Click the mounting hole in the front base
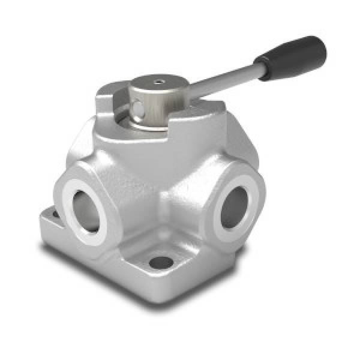click(160, 262)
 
